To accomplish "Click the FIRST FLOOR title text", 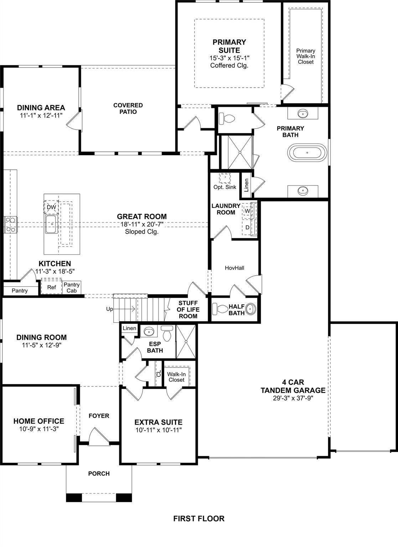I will click(x=199, y=519).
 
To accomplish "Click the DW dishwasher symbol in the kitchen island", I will click(x=51, y=207).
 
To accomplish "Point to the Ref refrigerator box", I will click(x=51, y=287).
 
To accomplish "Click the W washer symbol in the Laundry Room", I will click(x=247, y=211).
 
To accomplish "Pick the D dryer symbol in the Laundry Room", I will click(x=247, y=227).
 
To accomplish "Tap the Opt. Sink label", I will click(x=225, y=187).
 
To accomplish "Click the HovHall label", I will click(x=234, y=268).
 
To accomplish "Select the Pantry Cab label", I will click(x=72, y=287).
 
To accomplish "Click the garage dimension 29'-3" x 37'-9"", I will click(x=293, y=398).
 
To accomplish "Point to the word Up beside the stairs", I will click(x=109, y=309).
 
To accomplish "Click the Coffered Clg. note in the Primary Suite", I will click(x=229, y=66).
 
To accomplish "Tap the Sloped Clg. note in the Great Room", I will click(x=142, y=231).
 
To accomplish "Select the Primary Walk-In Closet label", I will click(x=306, y=56).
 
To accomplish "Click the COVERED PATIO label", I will click(x=128, y=108).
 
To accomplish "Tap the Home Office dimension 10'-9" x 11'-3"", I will click(x=39, y=429).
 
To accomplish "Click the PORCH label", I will click(x=99, y=473).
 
